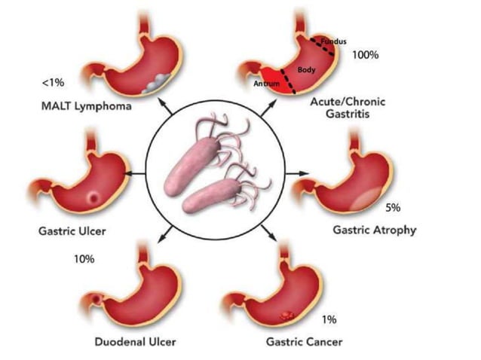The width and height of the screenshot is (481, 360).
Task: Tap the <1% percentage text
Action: (x=53, y=81)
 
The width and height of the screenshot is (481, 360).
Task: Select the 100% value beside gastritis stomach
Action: (x=365, y=55)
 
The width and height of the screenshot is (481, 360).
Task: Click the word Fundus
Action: (x=333, y=41)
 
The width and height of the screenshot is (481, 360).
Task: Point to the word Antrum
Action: (x=267, y=84)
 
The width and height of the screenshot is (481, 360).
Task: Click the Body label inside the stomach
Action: (x=306, y=69)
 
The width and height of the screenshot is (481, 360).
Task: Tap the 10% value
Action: (x=84, y=259)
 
